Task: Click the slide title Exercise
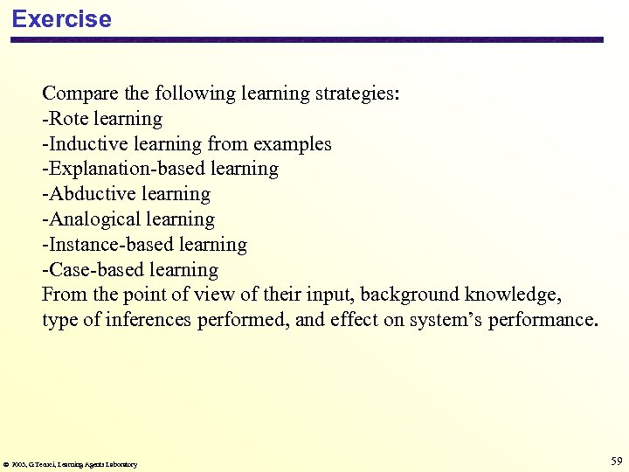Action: click(x=61, y=19)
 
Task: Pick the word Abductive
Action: click(x=86, y=194)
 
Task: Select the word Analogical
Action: click(x=87, y=219)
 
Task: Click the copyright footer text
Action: click(x=71, y=464)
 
